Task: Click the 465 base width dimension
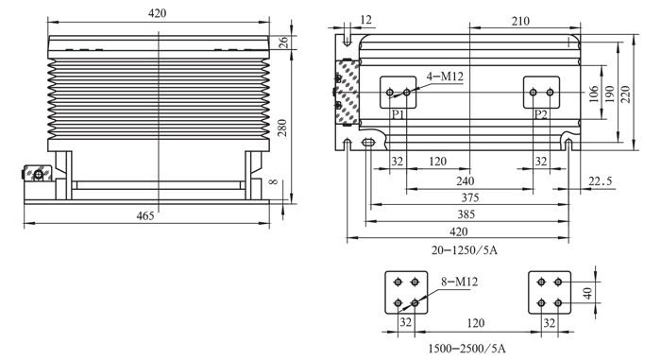coord(145,215)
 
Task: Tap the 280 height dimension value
coord(282,128)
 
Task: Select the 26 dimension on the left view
coord(284,43)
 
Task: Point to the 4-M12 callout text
coord(445,77)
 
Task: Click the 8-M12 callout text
coord(460,282)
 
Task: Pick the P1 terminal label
coord(398,114)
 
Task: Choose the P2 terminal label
coord(541,114)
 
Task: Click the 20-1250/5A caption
coord(465,250)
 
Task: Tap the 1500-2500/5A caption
coord(466,349)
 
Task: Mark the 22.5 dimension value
coord(600,181)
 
